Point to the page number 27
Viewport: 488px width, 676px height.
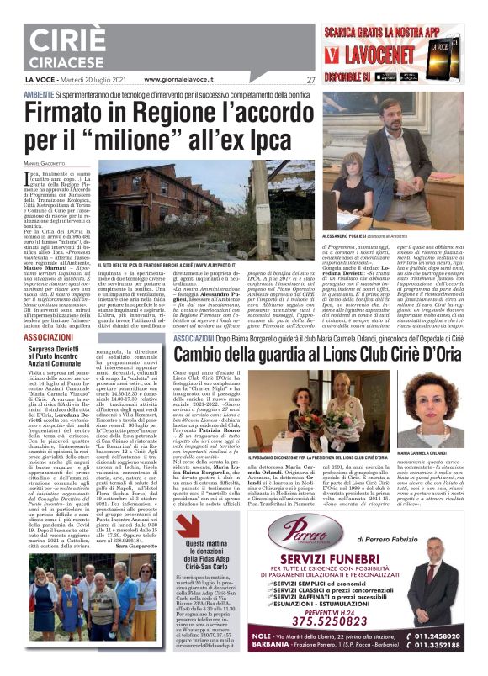pyautogui.click(x=310, y=80)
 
